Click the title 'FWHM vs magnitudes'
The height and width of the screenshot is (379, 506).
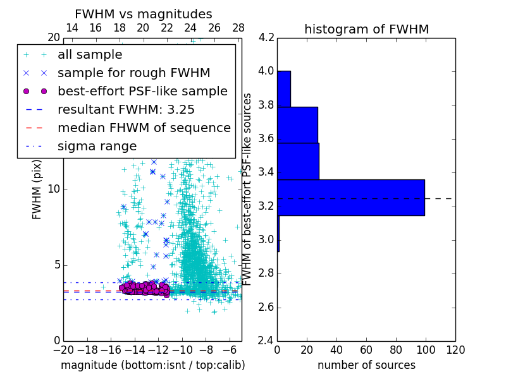click(144, 14)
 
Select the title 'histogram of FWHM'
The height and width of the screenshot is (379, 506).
click(366, 29)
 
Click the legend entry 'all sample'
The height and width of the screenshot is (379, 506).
click(90, 55)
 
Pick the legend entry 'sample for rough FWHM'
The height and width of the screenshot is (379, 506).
click(133, 73)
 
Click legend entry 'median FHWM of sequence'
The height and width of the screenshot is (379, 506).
click(144, 128)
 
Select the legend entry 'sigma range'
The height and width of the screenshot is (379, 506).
click(97, 147)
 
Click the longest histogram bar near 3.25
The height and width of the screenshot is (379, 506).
click(351, 198)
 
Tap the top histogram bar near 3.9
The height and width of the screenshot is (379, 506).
click(284, 88)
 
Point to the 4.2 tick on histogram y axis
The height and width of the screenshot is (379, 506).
click(266, 37)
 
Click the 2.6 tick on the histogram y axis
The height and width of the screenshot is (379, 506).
click(266, 308)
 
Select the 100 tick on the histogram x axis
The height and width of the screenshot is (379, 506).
click(426, 349)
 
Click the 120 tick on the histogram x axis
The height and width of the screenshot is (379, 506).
click(455, 349)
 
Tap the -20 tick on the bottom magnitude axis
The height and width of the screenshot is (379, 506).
click(63, 349)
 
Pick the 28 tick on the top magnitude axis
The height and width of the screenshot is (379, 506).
click(238, 28)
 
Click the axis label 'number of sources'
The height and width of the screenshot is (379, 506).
click(366, 365)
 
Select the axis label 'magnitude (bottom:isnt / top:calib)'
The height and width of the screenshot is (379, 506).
click(152, 365)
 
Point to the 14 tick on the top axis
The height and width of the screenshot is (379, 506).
click(72, 28)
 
